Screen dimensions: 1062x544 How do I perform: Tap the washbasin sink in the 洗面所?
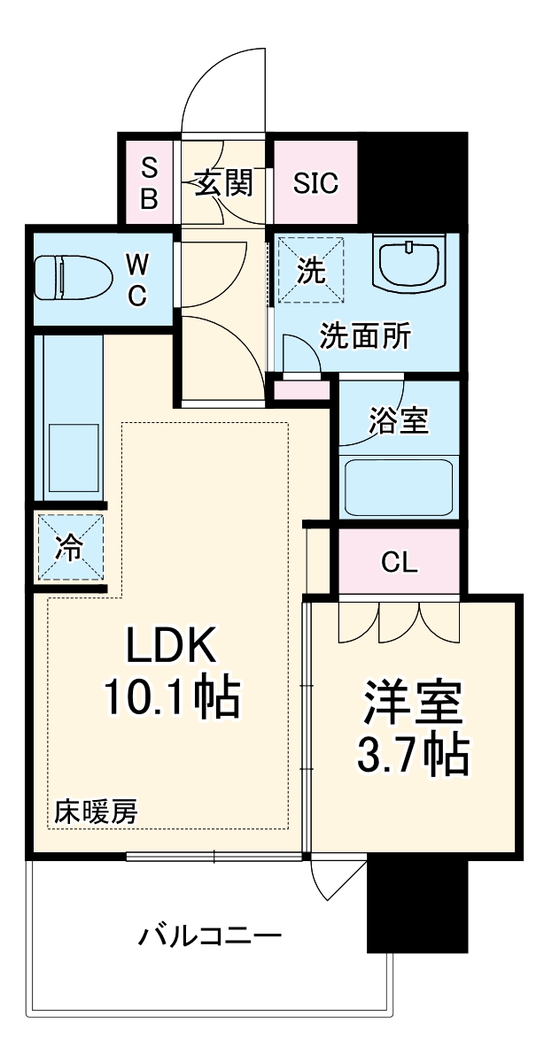coord(410,263)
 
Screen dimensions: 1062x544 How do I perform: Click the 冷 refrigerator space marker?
coord(70,549)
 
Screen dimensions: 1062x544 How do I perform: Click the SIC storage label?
coord(316,183)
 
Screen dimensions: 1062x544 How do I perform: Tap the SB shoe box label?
coord(150,183)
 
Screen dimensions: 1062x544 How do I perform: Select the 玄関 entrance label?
coord(224,183)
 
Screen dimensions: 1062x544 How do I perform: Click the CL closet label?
coord(399,562)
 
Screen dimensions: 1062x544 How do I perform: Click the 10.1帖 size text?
coord(171,699)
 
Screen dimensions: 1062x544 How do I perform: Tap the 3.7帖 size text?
coord(413,754)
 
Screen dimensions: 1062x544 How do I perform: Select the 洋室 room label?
coord(413,704)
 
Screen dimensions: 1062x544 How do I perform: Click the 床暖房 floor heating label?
coord(96,812)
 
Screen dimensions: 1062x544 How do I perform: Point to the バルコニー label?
coord(210,935)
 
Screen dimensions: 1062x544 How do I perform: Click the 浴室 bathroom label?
coord(399,422)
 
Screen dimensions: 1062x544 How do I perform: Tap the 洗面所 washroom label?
coord(365,336)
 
